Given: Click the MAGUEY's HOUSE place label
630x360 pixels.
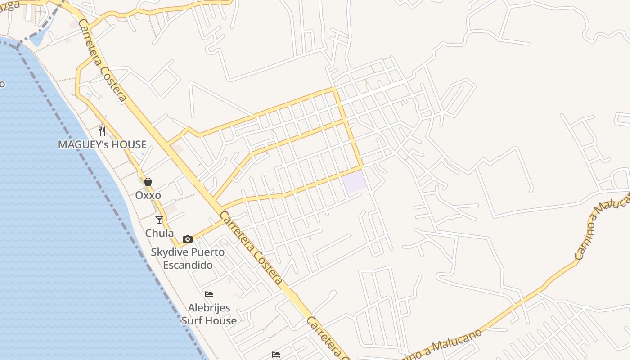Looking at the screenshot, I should (102, 144).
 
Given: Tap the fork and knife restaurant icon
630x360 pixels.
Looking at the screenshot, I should (102, 131).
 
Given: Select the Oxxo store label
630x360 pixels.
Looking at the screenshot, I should (148, 196).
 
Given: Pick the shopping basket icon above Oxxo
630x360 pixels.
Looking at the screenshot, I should (148, 182).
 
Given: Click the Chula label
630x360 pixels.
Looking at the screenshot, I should (159, 233).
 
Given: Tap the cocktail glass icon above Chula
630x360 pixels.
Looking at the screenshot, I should (159, 220).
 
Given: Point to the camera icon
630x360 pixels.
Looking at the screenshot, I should (187, 239).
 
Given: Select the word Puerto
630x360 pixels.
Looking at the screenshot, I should (207, 252).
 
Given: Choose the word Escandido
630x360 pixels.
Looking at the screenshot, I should (188, 265).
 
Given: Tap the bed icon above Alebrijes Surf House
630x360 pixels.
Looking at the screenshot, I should (209, 294).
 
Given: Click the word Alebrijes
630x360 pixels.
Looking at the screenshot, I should (209, 308).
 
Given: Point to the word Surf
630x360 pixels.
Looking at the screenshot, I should (191, 320).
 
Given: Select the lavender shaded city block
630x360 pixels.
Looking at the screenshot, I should (354, 181).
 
